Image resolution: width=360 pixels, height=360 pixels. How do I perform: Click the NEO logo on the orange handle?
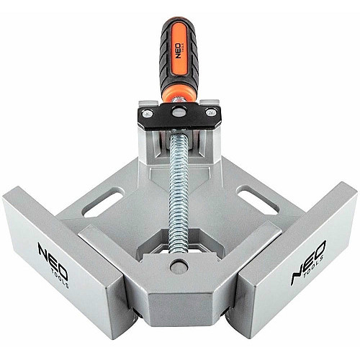[178, 51]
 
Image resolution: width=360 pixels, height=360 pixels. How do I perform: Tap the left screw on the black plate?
[147, 113]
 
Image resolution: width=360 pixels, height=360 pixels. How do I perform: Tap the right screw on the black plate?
[211, 112]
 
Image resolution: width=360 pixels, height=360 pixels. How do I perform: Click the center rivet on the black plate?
[179, 112]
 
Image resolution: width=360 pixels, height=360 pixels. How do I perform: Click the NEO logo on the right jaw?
[308, 262]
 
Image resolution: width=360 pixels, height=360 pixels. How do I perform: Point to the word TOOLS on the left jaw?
[60, 278]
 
